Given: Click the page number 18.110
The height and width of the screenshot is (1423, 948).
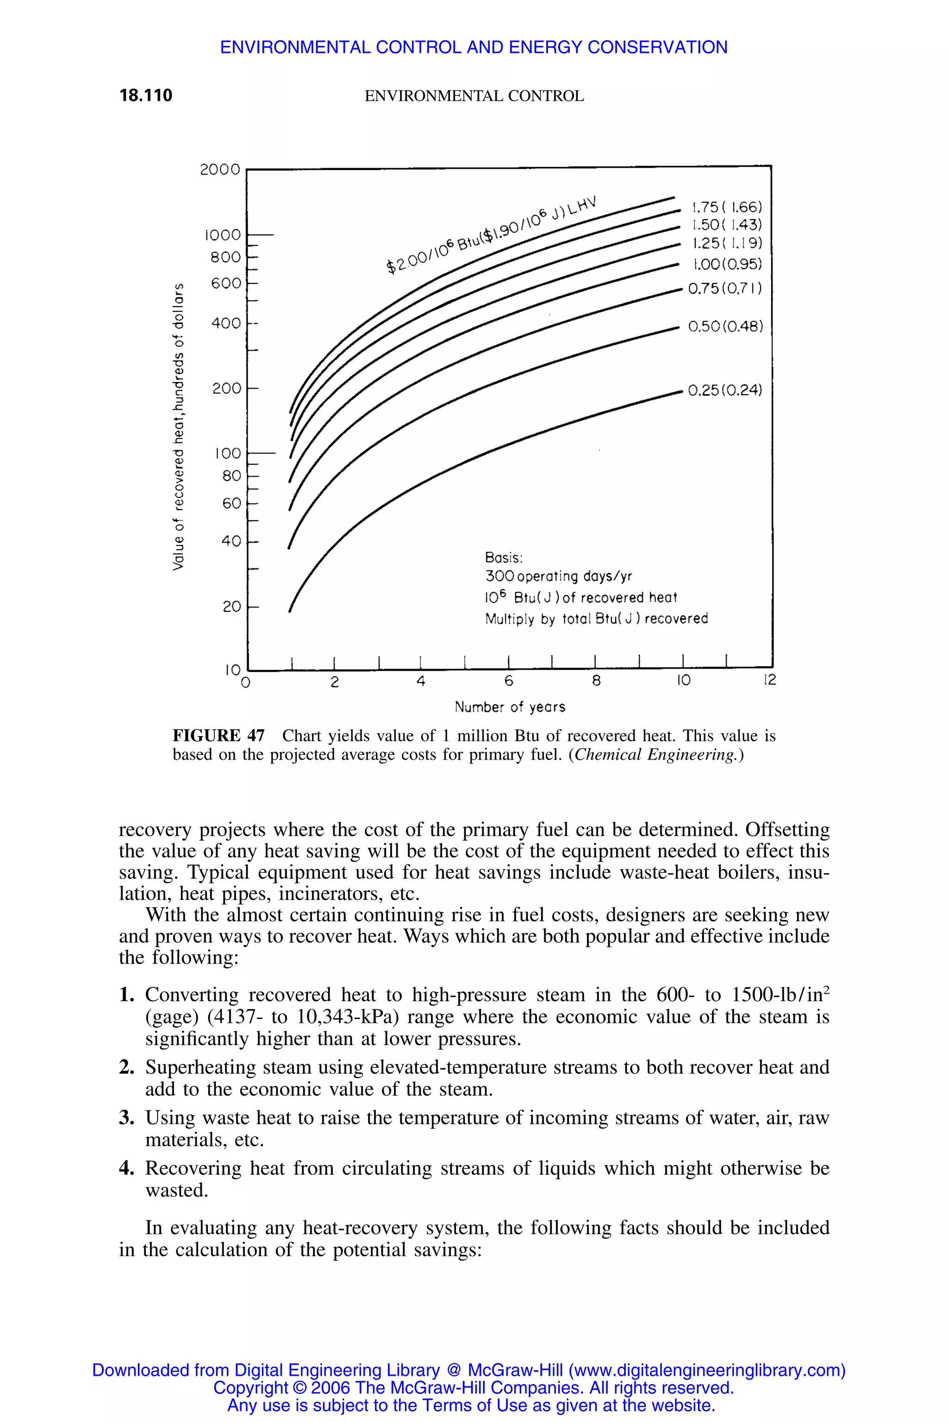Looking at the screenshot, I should [146, 95].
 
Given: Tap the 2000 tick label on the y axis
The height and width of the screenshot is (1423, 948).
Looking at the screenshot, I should [220, 170].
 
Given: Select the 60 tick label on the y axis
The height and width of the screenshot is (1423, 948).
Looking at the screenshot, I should [231, 504].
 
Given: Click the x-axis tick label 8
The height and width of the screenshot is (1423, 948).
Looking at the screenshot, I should [596, 681].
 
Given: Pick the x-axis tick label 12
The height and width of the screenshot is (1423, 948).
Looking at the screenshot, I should [769, 680].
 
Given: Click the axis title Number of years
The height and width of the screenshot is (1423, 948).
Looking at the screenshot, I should [510, 707].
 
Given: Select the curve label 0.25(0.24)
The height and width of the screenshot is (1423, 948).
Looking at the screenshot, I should [725, 390].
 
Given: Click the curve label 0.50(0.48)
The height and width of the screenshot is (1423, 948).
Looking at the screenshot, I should [725, 327].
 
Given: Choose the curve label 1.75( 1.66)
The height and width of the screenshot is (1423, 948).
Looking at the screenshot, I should [727, 208].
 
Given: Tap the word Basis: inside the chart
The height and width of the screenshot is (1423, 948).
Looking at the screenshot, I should [504, 557].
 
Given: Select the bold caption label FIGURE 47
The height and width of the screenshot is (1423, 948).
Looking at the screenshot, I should [218, 736].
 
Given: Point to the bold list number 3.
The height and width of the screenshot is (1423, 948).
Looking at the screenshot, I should [126, 1117].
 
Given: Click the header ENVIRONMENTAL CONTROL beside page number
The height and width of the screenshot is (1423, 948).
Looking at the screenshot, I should [474, 96].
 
